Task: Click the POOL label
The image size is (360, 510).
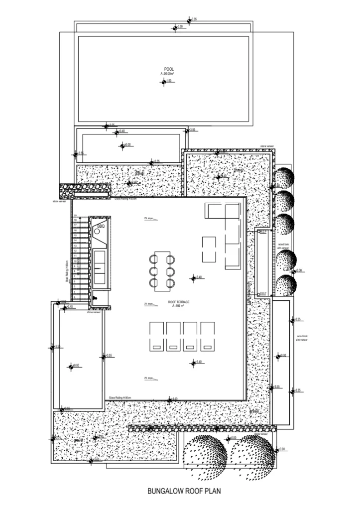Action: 169,69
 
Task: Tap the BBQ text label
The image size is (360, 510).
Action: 101,227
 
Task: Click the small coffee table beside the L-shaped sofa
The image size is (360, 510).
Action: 209,249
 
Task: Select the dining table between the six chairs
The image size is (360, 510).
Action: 162,271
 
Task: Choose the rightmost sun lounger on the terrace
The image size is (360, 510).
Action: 208,335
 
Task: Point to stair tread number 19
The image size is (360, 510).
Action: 76,215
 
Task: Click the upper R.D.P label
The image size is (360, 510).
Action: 262,232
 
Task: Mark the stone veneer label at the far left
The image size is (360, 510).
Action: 59,202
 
